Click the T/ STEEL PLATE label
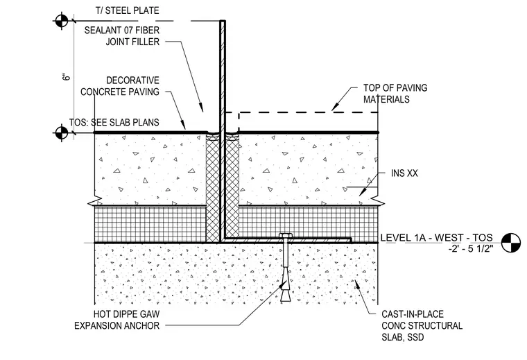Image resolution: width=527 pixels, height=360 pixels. coord(127,10)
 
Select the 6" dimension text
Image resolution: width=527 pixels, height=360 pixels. coord(67,76)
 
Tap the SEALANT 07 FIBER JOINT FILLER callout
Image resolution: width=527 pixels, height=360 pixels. coord(121,36)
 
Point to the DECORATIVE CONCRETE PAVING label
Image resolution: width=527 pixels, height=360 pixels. coord(120,86)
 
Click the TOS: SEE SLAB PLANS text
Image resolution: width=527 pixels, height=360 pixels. coord(114,122)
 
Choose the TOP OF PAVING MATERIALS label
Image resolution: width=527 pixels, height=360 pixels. coord(395,94)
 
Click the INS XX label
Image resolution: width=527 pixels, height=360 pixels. coord(404,173)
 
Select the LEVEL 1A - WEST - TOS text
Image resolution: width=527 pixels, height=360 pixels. coord(436,238)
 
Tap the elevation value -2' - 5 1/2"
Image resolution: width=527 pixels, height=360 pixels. coord(471,249)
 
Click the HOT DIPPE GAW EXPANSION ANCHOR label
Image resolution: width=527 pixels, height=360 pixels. coord(117,320)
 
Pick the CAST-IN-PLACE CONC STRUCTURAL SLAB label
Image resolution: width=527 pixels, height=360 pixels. coord(422,325)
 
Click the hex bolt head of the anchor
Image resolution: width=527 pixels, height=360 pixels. coord(286,236)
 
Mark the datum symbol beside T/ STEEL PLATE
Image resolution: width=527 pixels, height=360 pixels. coord(62,21)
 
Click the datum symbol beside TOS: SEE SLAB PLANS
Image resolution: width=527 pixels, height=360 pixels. coord(62,132)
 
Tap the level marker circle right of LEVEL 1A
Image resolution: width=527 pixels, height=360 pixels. coord(511,243)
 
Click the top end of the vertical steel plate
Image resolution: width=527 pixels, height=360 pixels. coord(223,22)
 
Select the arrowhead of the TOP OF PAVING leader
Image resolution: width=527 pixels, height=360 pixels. coord(334,107)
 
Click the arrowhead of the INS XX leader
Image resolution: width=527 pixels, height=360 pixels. coord(362,193)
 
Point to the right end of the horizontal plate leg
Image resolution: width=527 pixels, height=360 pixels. coord(351,240)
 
